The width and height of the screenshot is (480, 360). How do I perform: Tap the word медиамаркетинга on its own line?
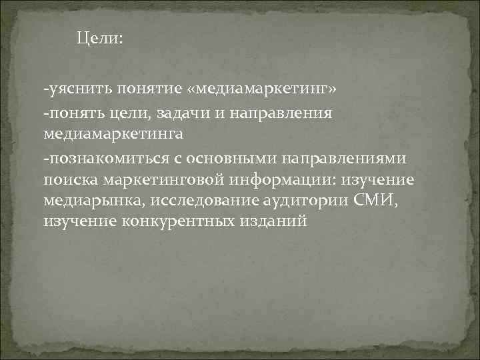coord(113,134)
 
